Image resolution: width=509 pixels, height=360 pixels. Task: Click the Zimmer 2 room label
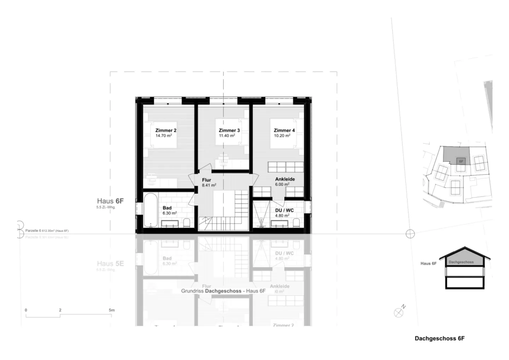[166, 130]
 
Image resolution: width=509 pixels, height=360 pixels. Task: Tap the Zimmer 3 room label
[229, 130]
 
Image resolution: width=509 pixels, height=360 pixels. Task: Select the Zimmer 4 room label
[284, 130]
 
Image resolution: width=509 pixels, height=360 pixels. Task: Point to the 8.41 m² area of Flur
[209, 185]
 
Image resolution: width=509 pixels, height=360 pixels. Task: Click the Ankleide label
[285, 179]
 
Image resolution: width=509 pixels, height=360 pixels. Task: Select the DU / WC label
[284, 210]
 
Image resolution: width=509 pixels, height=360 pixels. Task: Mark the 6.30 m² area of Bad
[170, 213]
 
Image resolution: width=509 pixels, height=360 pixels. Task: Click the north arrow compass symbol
[399, 312]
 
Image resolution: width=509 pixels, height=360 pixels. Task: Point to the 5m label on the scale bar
[112, 310]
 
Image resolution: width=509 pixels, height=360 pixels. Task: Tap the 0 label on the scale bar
[26, 310]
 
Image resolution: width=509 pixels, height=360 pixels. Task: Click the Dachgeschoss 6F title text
[439, 338]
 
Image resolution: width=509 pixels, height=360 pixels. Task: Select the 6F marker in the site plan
[461, 161]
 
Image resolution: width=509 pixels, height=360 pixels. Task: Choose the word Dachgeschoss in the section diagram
[461, 262]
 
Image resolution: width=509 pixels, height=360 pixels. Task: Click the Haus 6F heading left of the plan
[110, 201]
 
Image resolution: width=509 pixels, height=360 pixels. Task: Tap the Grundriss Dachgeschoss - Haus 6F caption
[223, 291]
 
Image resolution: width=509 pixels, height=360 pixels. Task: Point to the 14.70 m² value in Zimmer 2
[164, 135]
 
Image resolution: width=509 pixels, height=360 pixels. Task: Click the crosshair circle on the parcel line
[410, 234]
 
